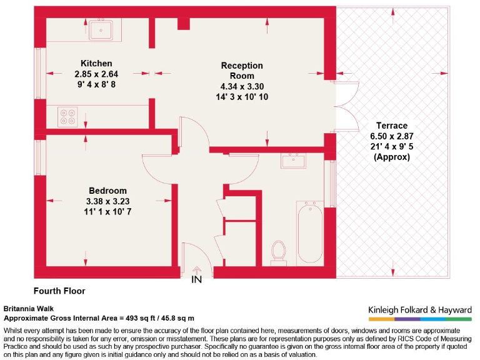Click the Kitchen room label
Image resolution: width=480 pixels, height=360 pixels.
point(96,63)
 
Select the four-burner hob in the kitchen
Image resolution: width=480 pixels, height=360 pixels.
point(67,116)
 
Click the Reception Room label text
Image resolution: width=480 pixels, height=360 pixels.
point(242,71)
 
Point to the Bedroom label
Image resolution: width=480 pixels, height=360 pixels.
point(107,191)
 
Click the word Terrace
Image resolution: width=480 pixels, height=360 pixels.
point(392,125)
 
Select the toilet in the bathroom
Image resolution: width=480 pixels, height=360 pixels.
point(279,251)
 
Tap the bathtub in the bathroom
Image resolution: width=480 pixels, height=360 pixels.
point(309,232)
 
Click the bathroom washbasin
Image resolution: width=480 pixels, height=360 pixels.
point(292,161)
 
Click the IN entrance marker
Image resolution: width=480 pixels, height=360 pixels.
point(197,279)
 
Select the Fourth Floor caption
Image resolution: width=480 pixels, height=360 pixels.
point(59,291)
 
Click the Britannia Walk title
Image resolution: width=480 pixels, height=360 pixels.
point(29,309)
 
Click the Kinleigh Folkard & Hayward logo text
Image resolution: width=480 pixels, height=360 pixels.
point(419,309)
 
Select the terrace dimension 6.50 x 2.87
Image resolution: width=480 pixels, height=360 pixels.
point(392,136)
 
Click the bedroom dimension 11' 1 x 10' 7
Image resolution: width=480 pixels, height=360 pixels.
point(107,212)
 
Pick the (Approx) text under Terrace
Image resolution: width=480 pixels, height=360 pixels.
point(392,157)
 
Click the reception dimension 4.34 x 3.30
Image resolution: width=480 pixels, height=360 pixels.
point(242,86)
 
